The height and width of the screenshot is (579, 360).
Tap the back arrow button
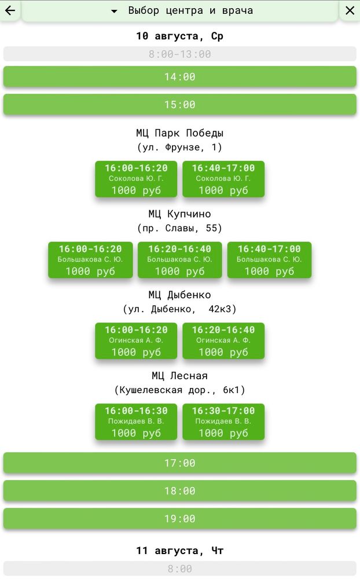(10, 10)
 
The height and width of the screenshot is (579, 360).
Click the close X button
(350, 10)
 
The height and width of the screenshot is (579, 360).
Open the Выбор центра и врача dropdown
(180, 10)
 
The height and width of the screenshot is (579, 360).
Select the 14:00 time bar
(180, 76)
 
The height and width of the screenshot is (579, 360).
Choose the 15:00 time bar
(180, 104)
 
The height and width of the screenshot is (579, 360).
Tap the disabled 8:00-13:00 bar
(180, 54)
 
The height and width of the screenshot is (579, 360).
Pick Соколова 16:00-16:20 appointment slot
(136, 179)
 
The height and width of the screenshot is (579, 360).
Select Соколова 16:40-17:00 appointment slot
(223, 179)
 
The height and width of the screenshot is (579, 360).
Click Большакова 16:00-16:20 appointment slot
(90, 260)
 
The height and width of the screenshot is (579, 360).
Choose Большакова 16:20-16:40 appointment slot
(180, 260)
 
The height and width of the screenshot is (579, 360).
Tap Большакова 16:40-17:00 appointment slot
(269, 260)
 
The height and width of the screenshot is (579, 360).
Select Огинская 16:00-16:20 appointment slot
(136, 341)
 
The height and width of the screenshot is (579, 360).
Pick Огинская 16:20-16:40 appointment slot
(223, 341)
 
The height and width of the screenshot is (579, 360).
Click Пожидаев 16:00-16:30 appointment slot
(136, 422)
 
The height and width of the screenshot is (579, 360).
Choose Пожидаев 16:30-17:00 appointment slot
(223, 422)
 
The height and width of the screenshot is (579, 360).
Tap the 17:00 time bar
(180, 463)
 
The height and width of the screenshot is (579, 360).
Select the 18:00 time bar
(180, 491)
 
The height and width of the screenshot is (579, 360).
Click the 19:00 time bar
(180, 519)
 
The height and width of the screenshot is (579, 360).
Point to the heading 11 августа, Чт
(180, 551)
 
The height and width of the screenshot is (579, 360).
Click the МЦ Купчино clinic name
(180, 214)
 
